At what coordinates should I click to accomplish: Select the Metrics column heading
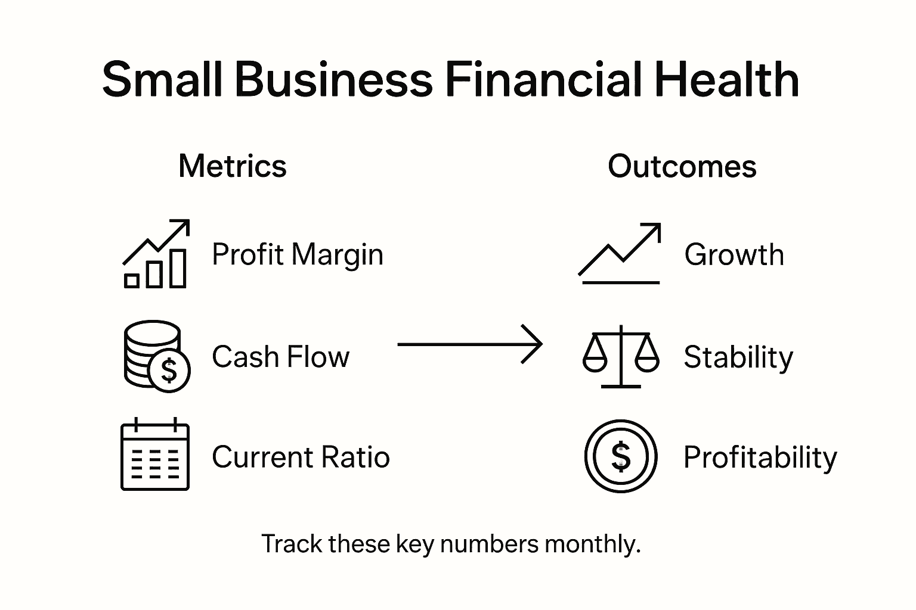tap(233, 166)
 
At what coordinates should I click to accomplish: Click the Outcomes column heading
tap(682, 166)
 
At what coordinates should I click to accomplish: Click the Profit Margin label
tap(298, 255)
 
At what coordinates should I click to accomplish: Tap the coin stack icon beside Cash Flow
tap(156, 356)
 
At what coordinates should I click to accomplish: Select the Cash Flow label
tap(280, 357)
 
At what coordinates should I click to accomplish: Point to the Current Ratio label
tap(301, 457)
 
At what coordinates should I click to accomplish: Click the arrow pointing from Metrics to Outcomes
tap(470, 344)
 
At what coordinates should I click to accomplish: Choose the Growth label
tap(734, 255)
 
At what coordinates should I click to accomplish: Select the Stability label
tap(738, 357)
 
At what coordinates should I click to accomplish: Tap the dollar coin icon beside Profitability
tap(621, 456)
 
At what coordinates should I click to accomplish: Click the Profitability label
tap(760, 457)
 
